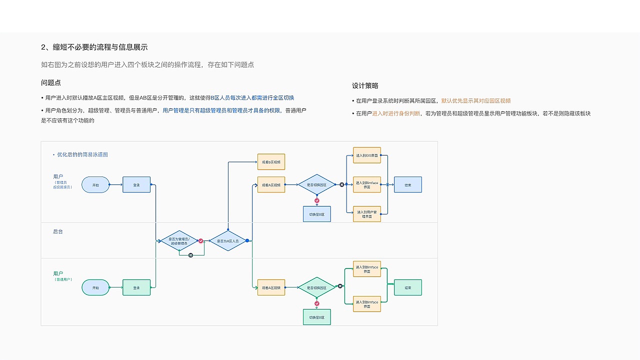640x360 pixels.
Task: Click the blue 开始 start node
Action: click(x=95, y=185)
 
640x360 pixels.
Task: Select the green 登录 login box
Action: click(x=136, y=287)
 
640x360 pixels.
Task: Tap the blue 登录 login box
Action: click(x=136, y=185)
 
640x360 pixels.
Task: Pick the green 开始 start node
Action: click(x=95, y=287)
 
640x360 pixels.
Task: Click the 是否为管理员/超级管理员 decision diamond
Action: click(x=179, y=241)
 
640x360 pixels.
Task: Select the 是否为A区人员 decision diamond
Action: click(x=227, y=241)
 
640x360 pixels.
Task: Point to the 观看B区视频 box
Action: click(x=271, y=162)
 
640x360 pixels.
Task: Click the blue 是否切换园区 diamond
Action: click(x=316, y=185)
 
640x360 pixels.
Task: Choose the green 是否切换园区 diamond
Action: click(x=316, y=287)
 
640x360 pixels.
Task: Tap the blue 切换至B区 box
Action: click(x=316, y=214)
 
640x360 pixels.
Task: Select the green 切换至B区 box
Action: click(x=316, y=317)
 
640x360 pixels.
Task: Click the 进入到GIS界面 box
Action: click(x=366, y=155)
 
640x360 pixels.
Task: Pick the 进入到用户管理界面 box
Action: click(x=366, y=214)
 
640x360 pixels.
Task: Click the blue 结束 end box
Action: click(x=407, y=185)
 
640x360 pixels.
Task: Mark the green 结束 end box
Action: click(x=407, y=287)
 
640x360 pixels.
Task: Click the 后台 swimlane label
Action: click(x=58, y=231)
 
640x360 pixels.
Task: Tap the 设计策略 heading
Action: click(x=365, y=86)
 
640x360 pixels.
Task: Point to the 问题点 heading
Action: click(x=51, y=83)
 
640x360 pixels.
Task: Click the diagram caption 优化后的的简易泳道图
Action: click(x=82, y=154)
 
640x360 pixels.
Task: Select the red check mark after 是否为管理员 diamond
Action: click(x=201, y=241)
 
